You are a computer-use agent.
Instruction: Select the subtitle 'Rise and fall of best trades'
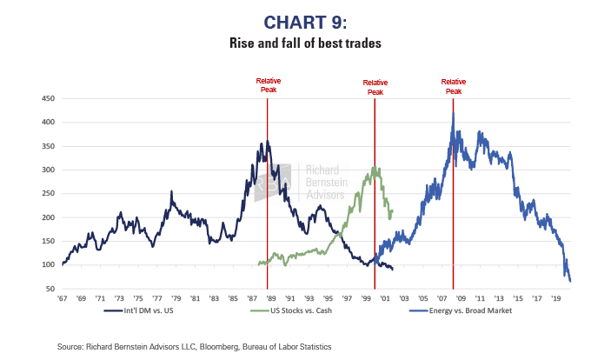[x=305, y=42]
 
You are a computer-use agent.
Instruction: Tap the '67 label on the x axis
[x=63, y=298]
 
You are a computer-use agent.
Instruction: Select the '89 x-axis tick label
[x=269, y=298]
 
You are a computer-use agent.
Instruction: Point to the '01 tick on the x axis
[x=381, y=298]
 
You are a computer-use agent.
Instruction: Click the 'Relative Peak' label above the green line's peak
[x=375, y=86]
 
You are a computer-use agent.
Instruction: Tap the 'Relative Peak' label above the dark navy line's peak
[x=268, y=84]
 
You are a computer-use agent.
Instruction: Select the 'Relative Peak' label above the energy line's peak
[x=453, y=86]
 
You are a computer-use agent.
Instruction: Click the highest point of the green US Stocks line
[x=375, y=167]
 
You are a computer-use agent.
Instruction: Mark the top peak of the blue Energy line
[x=453, y=114]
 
